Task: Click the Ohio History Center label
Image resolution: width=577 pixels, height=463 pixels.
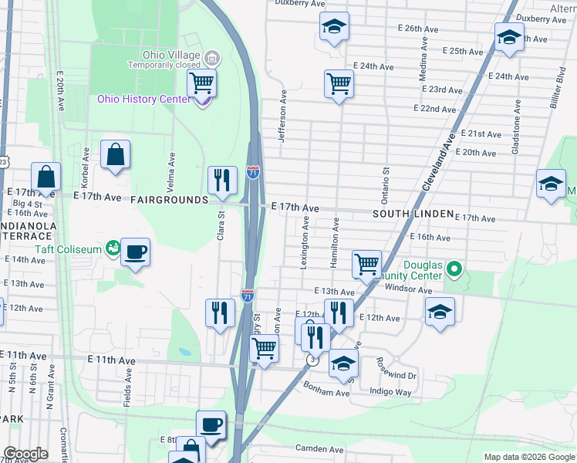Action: (x=144, y=99)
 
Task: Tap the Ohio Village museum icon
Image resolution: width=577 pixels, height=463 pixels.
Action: (x=213, y=57)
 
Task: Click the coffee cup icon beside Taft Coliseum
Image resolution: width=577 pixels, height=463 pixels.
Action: (x=136, y=252)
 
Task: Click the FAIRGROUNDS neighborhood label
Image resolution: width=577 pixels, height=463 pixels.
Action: (x=169, y=200)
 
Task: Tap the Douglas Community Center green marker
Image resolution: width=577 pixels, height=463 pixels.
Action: (x=455, y=270)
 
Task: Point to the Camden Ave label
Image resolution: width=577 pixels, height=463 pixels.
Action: (x=319, y=449)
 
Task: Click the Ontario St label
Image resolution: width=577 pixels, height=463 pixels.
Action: (x=386, y=185)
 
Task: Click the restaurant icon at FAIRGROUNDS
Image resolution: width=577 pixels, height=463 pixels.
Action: (x=222, y=180)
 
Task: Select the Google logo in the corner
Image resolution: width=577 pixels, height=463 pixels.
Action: (x=26, y=454)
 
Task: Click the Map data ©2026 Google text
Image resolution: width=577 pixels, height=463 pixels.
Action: (x=528, y=457)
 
